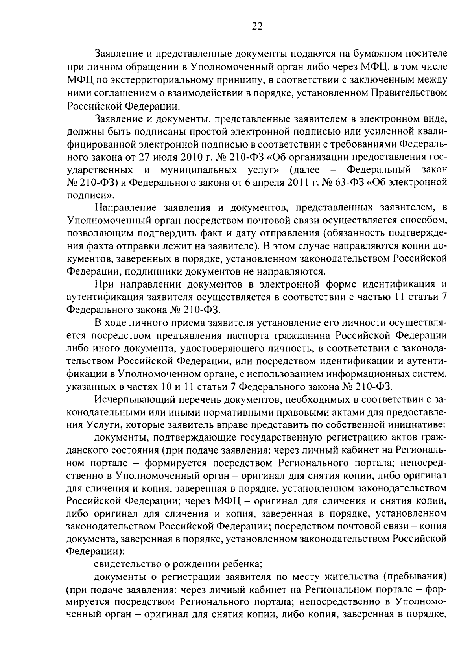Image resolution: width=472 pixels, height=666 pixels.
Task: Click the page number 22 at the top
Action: (256, 27)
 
